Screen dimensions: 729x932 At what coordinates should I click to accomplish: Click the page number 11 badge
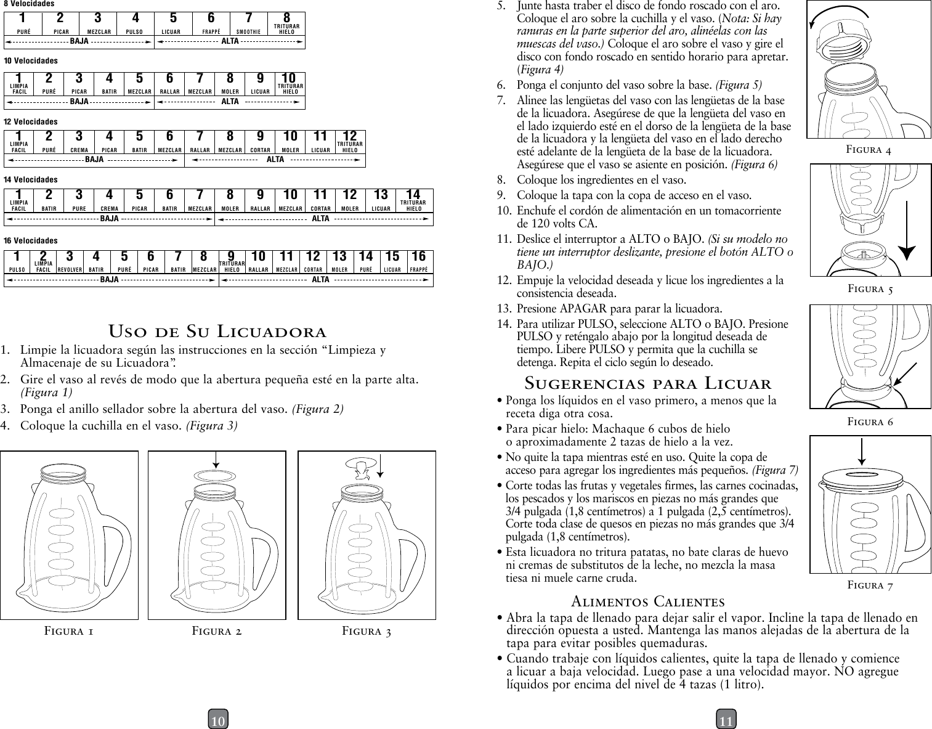pyautogui.click(x=726, y=719)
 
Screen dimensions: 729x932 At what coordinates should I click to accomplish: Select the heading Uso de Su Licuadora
pyautogui.click(x=217, y=332)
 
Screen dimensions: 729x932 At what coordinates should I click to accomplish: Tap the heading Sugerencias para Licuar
pyautogui.click(x=647, y=383)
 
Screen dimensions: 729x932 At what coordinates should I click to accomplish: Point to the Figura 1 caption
pyautogui.click(x=69, y=630)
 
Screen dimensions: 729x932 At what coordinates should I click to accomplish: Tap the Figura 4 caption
pyautogui.click(x=869, y=149)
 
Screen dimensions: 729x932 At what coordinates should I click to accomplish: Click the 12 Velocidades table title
pyautogui.click(x=31, y=122)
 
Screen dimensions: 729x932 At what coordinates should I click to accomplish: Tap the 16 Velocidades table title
pyautogui.click(x=31, y=240)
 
